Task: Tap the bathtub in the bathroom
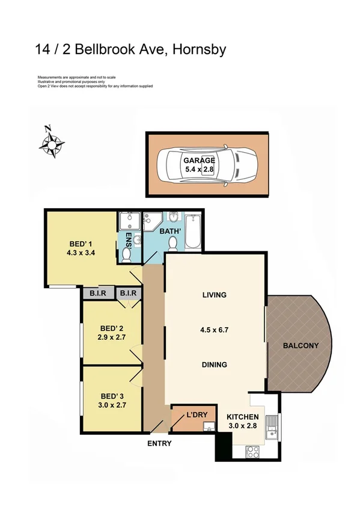point(193,232)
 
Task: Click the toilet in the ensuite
point(127,255)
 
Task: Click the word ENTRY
point(159,444)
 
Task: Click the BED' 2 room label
point(111,328)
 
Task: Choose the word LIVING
point(214,295)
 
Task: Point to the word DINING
point(214,364)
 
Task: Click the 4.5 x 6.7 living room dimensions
point(214,330)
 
